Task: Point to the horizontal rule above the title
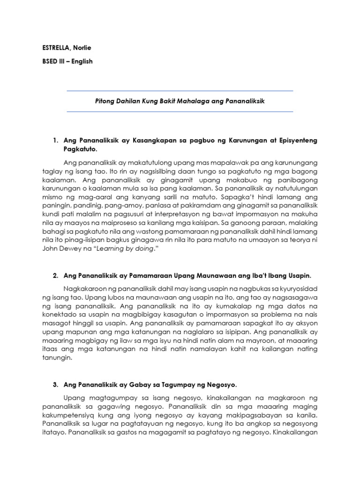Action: (180, 90)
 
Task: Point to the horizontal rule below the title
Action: (180, 112)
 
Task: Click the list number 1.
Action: (55, 140)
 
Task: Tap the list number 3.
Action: (55, 385)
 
